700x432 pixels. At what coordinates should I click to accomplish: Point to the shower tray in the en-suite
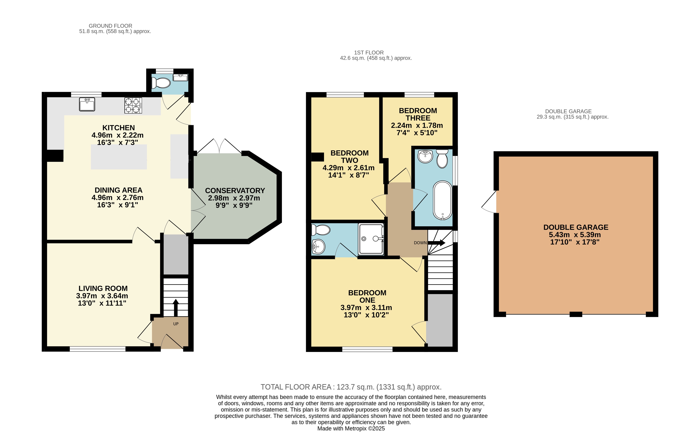(x=371, y=239)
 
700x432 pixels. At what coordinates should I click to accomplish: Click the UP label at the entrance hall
(x=176, y=324)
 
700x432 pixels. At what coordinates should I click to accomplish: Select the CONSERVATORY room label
(x=235, y=191)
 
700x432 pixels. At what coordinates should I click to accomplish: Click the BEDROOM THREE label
(x=418, y=114)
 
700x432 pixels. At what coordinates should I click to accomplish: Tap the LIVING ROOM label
(x=103, y=289)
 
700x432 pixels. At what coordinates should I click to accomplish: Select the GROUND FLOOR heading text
(x=110, y=26)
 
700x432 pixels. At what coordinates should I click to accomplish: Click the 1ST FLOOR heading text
(x=369, y=53)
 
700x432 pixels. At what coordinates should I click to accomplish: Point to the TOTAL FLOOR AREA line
(x=351, y=387)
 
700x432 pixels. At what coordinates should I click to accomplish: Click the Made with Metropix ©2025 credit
(x=351, y=429)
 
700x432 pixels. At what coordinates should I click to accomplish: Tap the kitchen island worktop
(x=119, y=157)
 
